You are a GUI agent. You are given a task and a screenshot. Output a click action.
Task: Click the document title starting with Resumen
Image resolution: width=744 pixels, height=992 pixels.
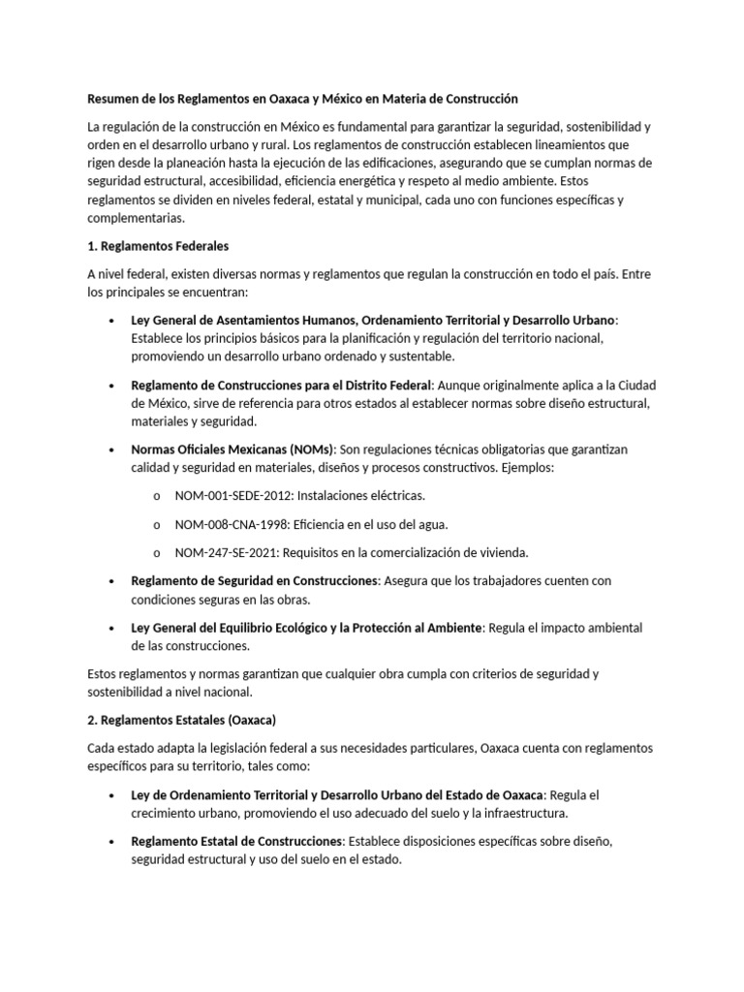302,99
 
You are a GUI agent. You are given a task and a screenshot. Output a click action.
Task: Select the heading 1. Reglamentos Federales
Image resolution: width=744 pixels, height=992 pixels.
158,246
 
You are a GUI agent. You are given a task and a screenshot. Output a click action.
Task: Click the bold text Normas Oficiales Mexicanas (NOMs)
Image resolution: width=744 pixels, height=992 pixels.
232,449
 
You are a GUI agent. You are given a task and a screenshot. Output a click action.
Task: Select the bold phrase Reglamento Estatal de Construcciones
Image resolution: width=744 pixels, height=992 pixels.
237,841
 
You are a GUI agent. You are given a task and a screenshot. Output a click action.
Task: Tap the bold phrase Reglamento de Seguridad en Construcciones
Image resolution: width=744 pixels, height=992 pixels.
255,580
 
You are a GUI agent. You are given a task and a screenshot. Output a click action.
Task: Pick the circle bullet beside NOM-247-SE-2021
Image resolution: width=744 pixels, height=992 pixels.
157,553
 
